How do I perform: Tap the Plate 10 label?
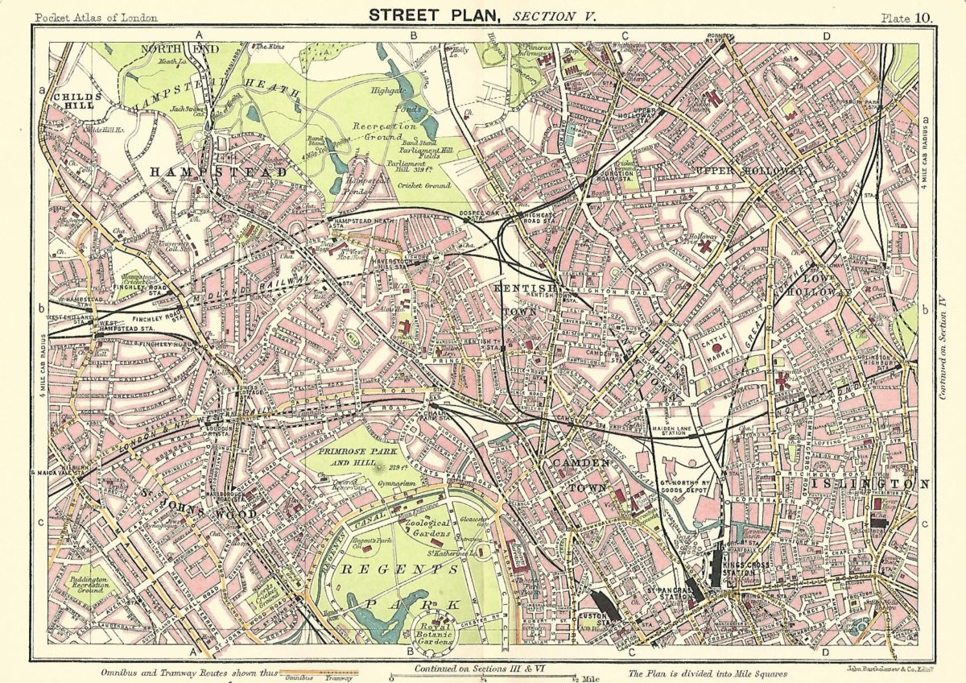[909, 17]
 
